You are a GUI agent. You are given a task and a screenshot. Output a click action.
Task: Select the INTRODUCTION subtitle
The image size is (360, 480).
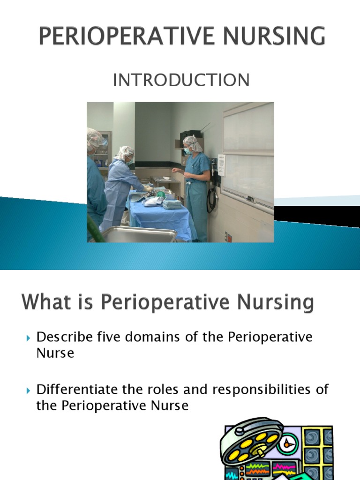click(181, 81)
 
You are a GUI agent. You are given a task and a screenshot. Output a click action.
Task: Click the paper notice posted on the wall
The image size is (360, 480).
click(221, 165)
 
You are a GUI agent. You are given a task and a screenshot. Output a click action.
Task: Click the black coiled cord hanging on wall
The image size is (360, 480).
click(212, 197)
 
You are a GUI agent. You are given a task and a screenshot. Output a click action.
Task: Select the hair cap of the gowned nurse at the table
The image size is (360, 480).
click(125, 152)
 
